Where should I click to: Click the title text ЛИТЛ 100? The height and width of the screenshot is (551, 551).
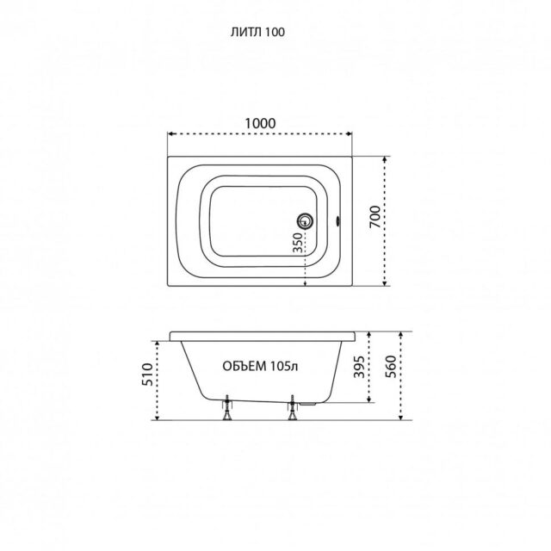click(257, 33)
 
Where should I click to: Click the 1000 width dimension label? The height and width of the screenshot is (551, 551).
click(260, 123)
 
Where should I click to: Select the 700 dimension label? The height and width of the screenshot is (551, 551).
click(375, 217)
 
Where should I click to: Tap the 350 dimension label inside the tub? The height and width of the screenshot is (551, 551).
click(298, 243)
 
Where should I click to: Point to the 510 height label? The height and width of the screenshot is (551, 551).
click(147, 375)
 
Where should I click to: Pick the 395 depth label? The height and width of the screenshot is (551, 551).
click(359, 368)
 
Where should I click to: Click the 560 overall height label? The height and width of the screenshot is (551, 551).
click(391, 367)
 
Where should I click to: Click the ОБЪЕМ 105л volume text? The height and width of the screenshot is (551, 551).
click(260, 366)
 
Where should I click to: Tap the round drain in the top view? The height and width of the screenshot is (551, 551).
click(305, 221)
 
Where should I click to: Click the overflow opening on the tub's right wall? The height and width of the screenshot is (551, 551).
click(337, 221)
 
